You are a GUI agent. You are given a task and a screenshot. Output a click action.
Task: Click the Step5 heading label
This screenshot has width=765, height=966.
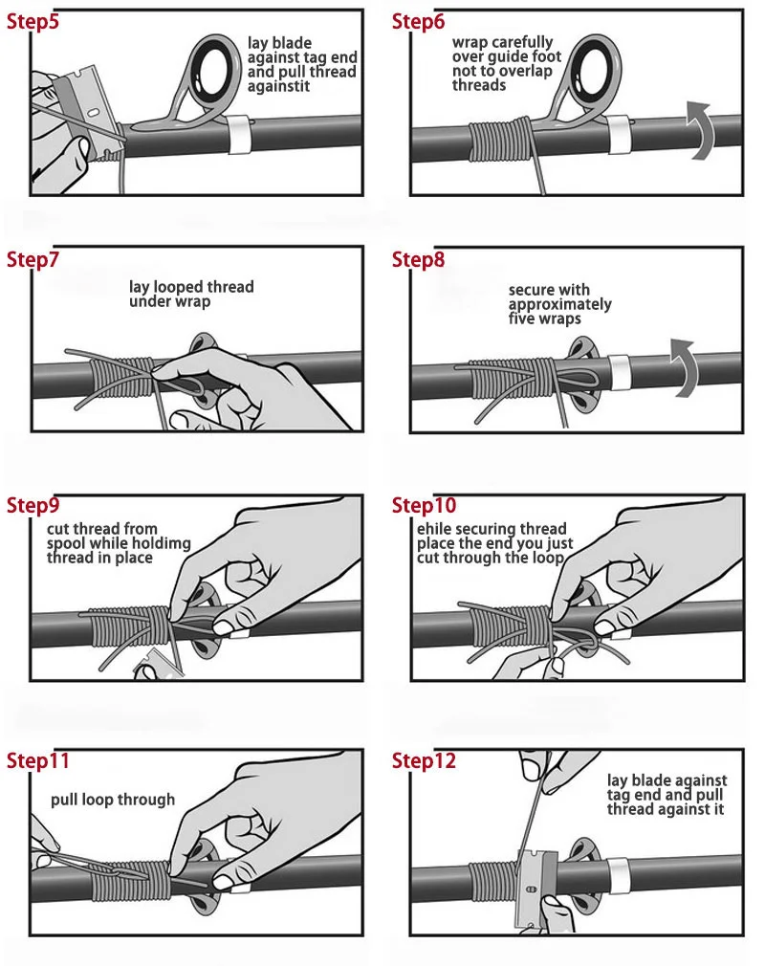point(33,22)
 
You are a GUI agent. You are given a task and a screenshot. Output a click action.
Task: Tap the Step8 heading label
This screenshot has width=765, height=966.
point(418,259)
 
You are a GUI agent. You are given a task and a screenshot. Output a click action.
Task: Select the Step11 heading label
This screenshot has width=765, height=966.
point(37,761)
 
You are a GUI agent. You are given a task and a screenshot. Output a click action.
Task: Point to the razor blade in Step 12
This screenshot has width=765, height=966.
point(536,888)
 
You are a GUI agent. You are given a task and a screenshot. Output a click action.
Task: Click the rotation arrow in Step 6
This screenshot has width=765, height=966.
point(702,131)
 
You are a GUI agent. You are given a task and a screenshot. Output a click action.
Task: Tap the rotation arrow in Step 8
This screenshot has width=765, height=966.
point(686,367)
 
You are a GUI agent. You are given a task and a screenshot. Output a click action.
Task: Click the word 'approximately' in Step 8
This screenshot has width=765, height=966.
point(560,304)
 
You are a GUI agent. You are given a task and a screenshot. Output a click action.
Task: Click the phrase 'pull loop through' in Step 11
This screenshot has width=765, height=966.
point(113,800)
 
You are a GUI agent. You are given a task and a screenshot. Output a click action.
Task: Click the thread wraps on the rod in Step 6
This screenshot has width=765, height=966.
point(499,141)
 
